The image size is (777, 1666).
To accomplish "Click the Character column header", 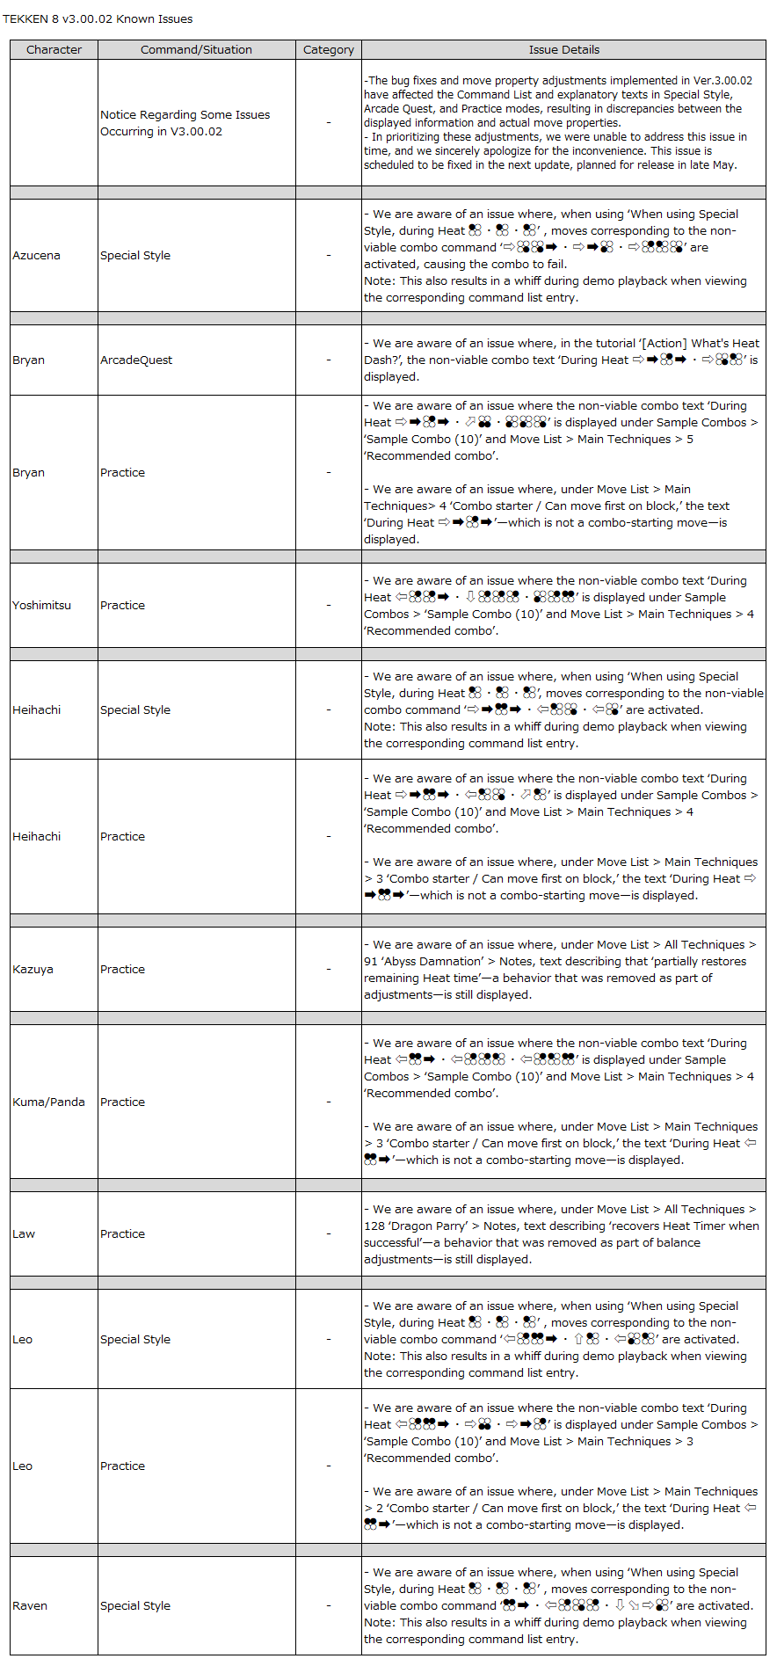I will tap(54, 50).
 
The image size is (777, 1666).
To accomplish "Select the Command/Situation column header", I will tap(196, 50).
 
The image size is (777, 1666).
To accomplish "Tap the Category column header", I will tap(328, 50).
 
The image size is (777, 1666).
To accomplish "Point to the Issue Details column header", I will tap(563, 50).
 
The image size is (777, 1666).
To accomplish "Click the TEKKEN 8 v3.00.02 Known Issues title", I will tap(98, 18).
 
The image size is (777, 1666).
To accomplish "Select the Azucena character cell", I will tap(36, 256).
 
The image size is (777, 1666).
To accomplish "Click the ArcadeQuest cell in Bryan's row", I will tap(136, 360).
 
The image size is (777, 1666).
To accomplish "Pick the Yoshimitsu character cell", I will tap(41, 606).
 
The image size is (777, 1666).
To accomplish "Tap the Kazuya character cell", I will tap(33, 970).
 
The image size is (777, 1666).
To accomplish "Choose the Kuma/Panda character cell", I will tap(48, 1102).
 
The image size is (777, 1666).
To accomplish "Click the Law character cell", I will tap(24, 1234).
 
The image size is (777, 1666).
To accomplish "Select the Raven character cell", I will tap(30, 1606).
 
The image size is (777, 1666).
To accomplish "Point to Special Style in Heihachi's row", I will tap(135, 710).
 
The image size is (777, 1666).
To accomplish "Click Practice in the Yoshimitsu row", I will tap(122, 606).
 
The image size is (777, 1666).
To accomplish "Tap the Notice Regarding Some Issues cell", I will tap(185, 123).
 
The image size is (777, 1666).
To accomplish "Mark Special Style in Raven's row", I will tap(135, 1606).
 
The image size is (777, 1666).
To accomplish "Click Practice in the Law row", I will tap(122, 1234).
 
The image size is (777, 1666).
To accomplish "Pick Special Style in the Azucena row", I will tap(135, 256).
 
